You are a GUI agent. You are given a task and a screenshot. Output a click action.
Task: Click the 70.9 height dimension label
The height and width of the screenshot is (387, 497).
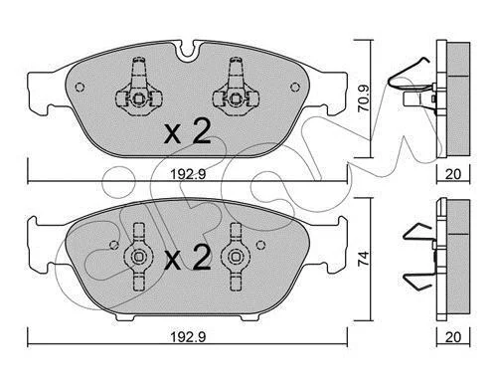coord(364,97)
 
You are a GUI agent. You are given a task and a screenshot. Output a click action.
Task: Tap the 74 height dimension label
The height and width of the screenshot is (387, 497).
coord(364,258)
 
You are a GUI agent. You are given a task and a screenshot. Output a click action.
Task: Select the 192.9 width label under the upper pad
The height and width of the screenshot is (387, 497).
coord(188,174)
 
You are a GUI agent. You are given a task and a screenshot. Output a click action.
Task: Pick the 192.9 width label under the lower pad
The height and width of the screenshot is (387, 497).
coord(188,337)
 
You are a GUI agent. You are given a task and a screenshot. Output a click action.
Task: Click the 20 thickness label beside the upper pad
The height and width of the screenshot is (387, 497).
coord(453,174)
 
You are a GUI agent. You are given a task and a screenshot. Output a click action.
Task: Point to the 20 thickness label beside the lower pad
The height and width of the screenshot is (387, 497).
coord(453,337)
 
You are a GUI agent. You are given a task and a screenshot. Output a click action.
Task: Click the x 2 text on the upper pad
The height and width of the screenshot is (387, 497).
coord(188,131)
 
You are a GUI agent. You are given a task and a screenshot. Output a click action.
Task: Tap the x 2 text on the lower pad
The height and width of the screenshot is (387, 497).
coord(188,257)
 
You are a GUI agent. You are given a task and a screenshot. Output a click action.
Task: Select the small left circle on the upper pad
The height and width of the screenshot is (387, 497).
coord(80,87)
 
